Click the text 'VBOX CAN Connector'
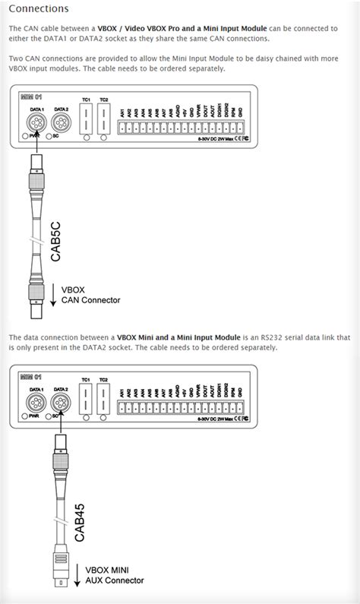coord(85,295)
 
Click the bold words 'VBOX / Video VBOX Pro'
coord(144,28)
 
